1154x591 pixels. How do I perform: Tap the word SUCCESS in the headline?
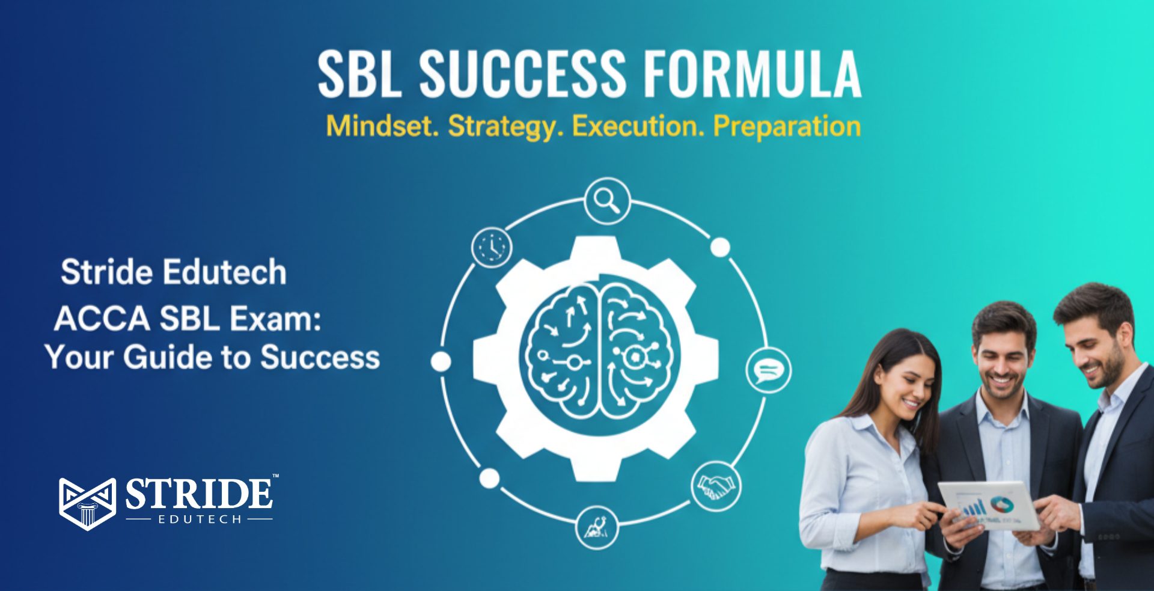(522, 75)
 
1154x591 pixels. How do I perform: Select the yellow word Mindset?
(382, 126)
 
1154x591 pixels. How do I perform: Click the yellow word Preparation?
(786, 126)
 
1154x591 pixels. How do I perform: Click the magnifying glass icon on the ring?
(607, 201)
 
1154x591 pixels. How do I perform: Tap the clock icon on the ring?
(492, 247)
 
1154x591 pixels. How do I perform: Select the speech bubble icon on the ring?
(768, 370)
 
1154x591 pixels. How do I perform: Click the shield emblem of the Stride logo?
(87, 503)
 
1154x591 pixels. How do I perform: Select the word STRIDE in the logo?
(199, 495)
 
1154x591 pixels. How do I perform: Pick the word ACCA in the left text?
(102, 319)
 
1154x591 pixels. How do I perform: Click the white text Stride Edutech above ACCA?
(174, 272)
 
